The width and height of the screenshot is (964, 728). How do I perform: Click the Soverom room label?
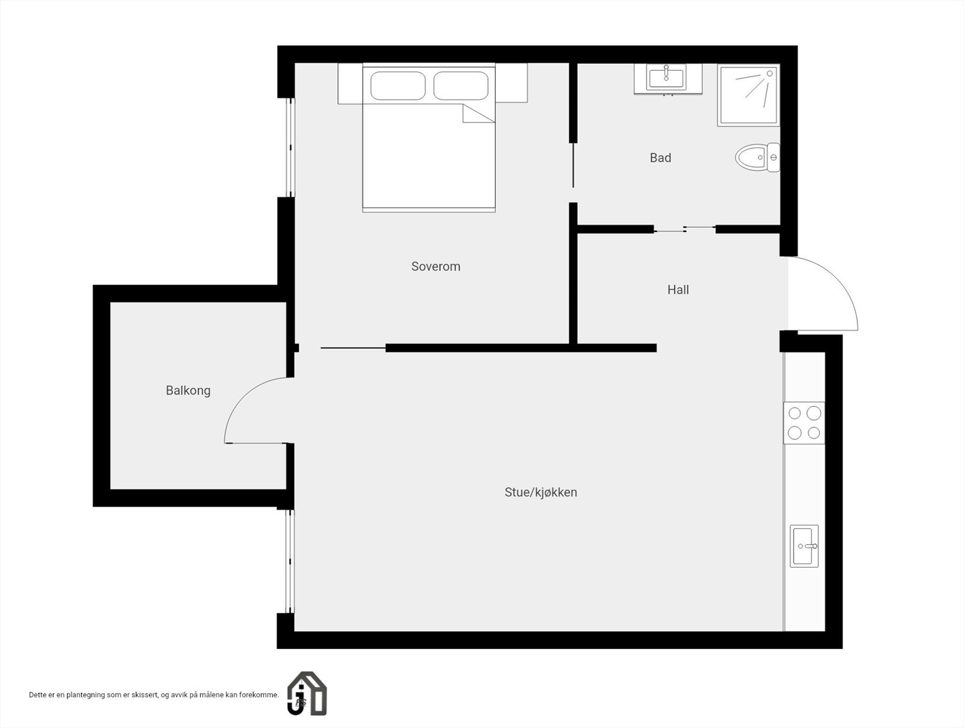[436, 266]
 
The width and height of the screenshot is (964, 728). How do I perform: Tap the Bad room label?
[660, 158]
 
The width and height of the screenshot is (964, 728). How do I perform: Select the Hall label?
[678, 290]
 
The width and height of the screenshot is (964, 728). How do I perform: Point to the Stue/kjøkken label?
[540, 492]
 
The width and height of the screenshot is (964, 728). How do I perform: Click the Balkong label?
[188, 391]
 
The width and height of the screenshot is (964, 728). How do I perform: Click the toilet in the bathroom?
[757, 157]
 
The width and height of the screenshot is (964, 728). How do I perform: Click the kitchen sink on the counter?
[804, 546]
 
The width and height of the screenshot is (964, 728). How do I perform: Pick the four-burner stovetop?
[804, 423]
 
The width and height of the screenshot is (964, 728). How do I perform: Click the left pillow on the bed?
[398, 86]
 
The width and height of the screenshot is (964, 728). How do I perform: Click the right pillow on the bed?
[461, 86]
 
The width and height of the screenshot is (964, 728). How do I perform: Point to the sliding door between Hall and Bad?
[684, 229]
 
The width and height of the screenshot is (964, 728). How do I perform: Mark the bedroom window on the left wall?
[291, 148]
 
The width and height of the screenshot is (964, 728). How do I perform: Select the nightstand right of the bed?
[511, 83]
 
